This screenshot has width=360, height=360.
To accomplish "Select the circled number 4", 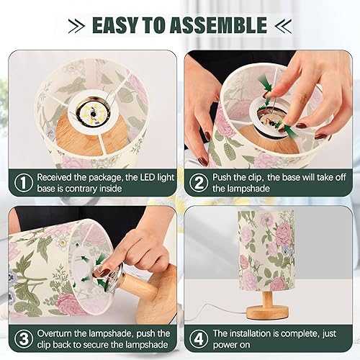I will pos(198,339).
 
